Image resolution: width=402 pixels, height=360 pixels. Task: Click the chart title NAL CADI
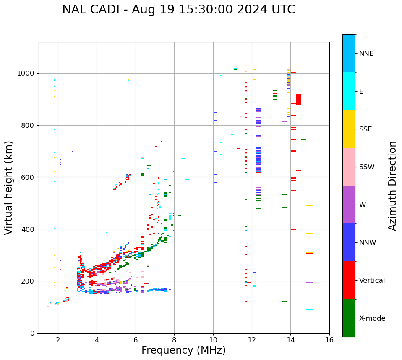(178, 10)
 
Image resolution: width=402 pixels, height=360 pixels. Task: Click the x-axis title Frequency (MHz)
(183, 350)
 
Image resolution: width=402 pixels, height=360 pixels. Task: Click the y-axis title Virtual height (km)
(9, 187)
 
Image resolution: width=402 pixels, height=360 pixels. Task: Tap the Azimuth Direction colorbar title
(392, 185)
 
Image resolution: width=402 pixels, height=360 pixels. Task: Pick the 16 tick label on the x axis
(329, 340)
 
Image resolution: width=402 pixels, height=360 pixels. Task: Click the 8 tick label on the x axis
(174, 340)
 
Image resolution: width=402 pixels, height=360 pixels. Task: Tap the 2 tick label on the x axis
(58, 340)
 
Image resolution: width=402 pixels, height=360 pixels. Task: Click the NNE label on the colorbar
(366, 54)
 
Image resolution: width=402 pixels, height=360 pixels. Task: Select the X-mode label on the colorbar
(372, 318)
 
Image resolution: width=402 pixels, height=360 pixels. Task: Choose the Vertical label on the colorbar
(372, 281)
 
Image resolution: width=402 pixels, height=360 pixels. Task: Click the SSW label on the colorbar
(367, 167)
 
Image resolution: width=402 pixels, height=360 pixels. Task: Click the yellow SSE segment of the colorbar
(349, 129)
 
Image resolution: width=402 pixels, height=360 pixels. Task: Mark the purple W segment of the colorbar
(349, 205)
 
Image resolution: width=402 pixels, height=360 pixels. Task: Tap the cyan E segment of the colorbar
(349, 91)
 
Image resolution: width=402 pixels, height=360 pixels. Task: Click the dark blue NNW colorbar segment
(349, 242)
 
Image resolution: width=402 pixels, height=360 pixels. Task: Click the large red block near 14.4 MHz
(298, 100)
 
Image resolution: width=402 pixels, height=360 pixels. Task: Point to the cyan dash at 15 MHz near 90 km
(310, 310)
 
